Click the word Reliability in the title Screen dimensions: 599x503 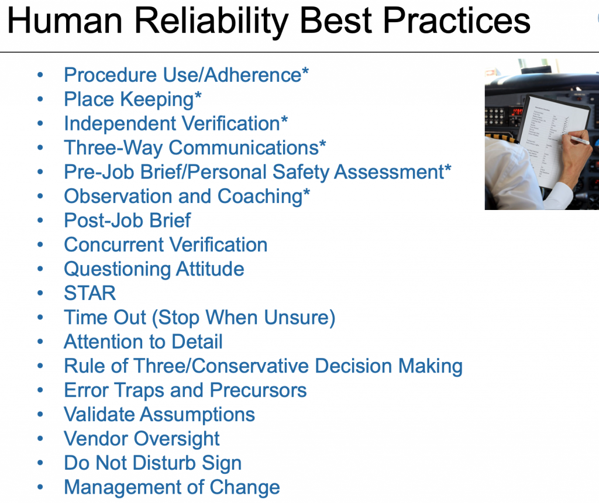pyautogui.click(x=212, y=22)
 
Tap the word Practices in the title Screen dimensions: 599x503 pyautogui.click(x=456, y=20)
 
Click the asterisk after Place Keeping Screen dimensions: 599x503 pyautogui.click(x=198, y=94)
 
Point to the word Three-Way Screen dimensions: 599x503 pyautogui.click(x=113, y=148)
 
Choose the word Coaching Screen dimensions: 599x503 pyautogui.click(x=260, y=197)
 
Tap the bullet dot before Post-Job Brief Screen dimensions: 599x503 pyautogui.click(x=40, y=221)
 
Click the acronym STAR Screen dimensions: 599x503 pyautogui.click(x=89, y=294)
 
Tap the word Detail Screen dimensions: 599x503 pyautogui.click(x=197, y=342)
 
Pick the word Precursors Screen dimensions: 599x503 pyautogui.click(x=258, y=390)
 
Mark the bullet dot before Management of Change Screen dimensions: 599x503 pyautogui.click(x=40, y=487)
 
